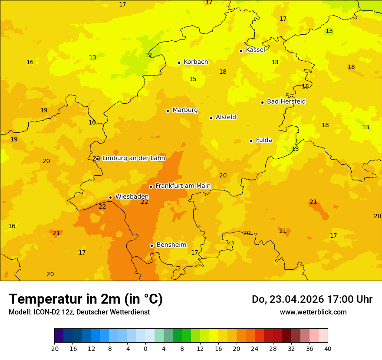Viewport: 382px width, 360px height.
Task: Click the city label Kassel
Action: pos(255,50)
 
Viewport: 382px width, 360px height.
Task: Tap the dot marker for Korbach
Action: pos(179,62)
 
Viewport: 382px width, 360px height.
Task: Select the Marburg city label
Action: pos(185,110)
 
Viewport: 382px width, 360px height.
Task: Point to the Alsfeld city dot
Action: pos(211,118)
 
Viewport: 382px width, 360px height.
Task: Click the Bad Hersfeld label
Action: pos(286,101)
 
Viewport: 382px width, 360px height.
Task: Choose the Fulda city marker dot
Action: pos(251,141)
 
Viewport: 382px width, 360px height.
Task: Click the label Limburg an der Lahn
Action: pos(133,158)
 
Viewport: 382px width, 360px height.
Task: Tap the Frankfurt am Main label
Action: pos(183,186)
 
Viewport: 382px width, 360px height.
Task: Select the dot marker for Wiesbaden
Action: pos(110,197)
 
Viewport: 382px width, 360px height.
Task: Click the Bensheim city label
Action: pos(171,245)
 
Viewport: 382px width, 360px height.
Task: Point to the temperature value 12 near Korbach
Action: pos(148,56)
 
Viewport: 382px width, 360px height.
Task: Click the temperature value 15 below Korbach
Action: pos(193,79)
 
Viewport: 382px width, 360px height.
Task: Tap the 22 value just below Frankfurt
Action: pos(144,202)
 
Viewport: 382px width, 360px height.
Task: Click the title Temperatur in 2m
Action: pos(86,299)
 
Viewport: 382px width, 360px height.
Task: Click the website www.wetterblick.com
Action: pos(313,312)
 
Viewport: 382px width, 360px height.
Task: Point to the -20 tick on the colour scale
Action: pos(54,348)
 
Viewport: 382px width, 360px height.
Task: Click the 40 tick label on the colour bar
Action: pos(328,348)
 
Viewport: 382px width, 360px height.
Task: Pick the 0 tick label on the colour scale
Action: pos(145,348)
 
